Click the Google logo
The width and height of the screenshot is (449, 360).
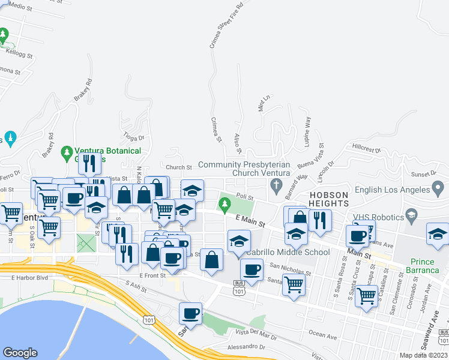tap(20, 353)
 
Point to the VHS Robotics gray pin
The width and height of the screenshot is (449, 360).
tap(411, 214)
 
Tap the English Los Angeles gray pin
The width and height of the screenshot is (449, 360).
tap(439, 190)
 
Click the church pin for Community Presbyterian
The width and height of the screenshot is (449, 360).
tap(276, 184)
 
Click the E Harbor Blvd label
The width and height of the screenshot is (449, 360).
tap(29, 278)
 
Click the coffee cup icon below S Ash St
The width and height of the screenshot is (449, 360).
tap(191, 313)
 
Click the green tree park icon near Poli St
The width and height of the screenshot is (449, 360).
tap(225, 205)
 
